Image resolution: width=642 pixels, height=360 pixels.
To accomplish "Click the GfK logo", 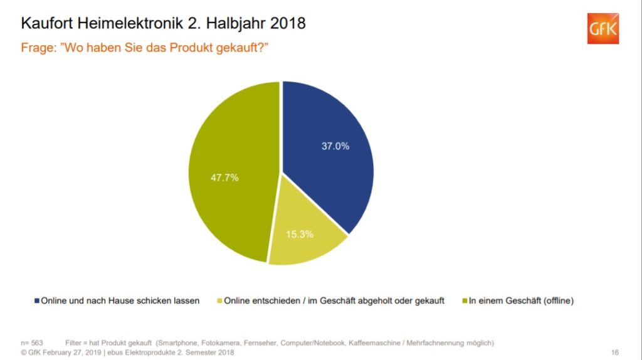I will [x=603, y=28].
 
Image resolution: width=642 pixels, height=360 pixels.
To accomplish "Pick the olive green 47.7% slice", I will [x=232, y=176].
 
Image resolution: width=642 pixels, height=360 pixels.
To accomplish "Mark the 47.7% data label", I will [x=224, y=177].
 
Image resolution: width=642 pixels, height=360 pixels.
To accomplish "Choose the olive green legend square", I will [x=464, y=300].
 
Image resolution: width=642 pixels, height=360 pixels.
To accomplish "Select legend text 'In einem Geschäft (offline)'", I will [x=521, y=300].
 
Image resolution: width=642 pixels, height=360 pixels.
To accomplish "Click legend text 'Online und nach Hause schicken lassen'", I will [x=120, y=300].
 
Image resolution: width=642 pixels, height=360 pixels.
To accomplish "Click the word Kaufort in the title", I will [x=44, y=24].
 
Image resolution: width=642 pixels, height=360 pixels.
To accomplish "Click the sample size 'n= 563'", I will [x=33, y=342].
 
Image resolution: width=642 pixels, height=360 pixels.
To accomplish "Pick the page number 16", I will [x=614, y=352].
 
